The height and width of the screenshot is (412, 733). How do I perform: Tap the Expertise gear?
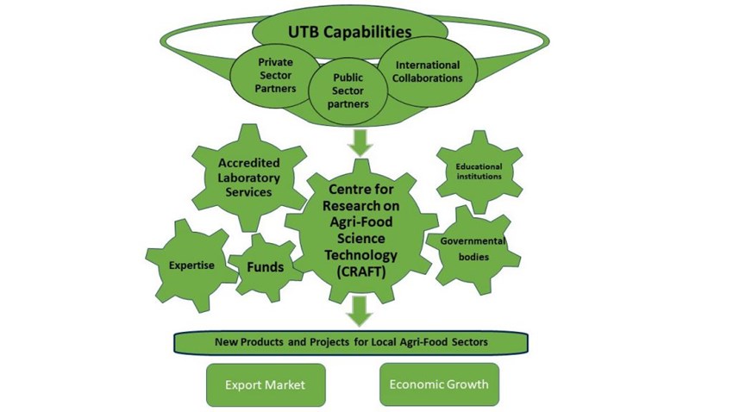191,265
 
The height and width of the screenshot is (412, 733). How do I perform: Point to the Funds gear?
265,268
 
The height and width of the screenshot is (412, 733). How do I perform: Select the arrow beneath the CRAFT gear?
360,309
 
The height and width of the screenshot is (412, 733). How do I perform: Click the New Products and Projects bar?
351,342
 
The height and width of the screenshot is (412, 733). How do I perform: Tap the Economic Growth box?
439,384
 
